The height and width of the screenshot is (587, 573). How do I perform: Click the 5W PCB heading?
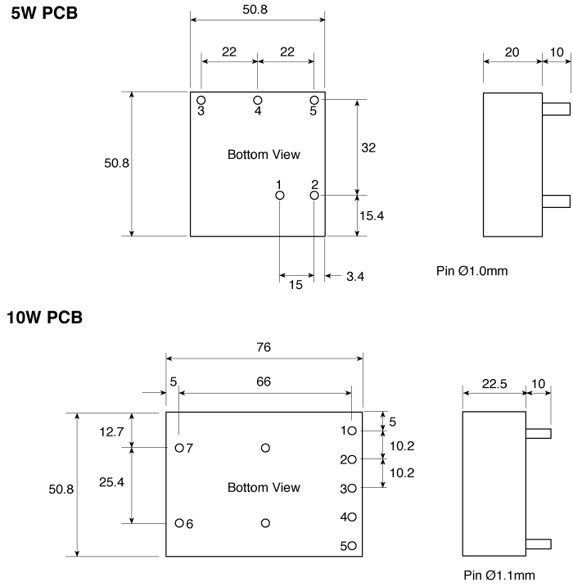pos(44,13)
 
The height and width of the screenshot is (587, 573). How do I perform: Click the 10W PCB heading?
pos(44,318)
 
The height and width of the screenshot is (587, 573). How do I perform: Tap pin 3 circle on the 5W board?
pos(201,101)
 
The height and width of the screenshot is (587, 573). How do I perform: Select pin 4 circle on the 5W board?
pos(258,101)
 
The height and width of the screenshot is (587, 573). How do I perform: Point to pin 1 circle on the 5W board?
pos(280,196)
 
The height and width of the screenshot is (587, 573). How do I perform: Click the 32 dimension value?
pos(368,147)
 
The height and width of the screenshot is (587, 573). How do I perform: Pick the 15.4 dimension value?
pos(372,215)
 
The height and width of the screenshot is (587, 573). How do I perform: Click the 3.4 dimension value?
pos(355,276)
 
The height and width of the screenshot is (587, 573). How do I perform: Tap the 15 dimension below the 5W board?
pos(296,285)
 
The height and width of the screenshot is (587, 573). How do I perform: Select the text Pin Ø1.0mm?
pos(472,271)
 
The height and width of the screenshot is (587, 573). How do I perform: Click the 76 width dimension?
pos(264,347)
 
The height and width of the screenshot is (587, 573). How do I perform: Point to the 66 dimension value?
pos(264,382)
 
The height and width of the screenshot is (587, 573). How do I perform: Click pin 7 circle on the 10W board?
pos(179,448)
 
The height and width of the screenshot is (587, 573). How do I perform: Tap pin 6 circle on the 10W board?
pos(179,523)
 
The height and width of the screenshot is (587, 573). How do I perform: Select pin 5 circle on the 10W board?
pos(352,546)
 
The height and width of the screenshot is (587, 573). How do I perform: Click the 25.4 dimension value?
pos(111,482)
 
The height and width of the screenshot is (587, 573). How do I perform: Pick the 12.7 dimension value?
pos(111,432)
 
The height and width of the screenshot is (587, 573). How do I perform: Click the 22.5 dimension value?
pos(494,384)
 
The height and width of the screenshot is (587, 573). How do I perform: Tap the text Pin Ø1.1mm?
pos(499,575)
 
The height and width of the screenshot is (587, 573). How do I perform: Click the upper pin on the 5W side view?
pos(556,109)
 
